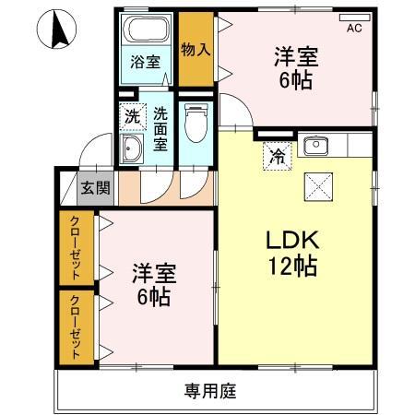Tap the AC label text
(354, 29)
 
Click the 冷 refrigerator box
(276, 156)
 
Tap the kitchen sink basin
(317, 145)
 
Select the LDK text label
(292, 241)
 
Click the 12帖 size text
(292, 267)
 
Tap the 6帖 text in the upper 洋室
(295, 79)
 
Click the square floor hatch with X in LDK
(318, 188)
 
